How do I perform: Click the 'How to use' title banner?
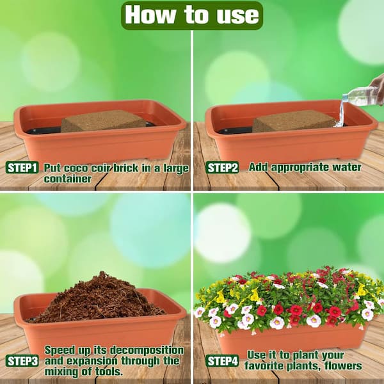click(192, 15)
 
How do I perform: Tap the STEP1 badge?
click(22, 168)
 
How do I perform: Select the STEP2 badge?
click(222, 168)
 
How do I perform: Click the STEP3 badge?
click(22, 361)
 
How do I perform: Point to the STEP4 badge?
click(222, 361)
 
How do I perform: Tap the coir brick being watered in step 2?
click(294, 121)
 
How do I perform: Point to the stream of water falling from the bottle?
click(341, 113)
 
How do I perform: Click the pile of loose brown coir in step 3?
click(97, 300)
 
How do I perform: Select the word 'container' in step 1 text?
click(68, 179)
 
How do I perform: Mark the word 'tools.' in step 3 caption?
click(109, 372)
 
